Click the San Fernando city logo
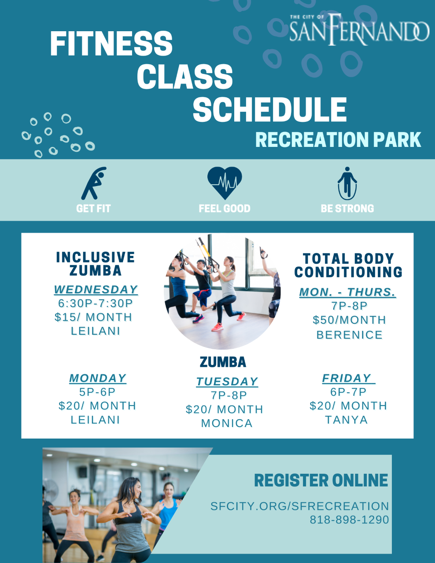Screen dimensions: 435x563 (359, 29)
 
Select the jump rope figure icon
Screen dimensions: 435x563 (347, 183)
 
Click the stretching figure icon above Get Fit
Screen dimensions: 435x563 (94, 183)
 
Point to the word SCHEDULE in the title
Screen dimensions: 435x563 (269, 110)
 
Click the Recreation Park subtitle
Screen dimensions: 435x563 (338, 139)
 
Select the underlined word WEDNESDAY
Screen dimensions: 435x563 (96, 290)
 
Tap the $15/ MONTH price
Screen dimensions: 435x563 (93, 317)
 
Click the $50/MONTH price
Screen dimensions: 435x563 (349, 320)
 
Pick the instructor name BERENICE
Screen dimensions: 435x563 (350, 335)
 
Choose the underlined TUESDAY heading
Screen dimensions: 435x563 (227, 382)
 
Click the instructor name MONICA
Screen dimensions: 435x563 (227, 424)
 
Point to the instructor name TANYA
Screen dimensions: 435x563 (347, 420)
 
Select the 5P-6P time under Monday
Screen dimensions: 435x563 (97, 392)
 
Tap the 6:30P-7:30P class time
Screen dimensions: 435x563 (96, 303)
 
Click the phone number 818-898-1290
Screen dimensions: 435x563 (349, 520)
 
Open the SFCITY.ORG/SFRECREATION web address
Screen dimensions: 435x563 (300, 506)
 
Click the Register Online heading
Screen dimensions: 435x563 (321, 480)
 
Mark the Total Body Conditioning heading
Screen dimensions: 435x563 (348, 266)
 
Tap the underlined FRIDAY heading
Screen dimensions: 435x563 (348, 378)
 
